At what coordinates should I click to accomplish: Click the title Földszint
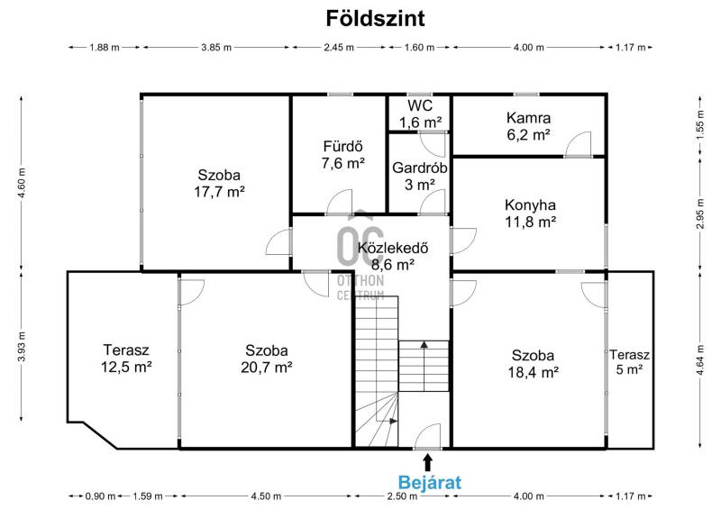coord(375,19)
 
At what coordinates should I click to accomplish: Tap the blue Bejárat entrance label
coord(430,483)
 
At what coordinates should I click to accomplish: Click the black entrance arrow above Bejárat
coord(427,462)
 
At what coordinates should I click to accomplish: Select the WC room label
coord(420,105)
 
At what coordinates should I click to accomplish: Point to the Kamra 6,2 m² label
coord(528,126)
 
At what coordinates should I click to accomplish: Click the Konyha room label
coord(530,205)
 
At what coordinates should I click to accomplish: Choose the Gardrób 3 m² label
coord(419,177)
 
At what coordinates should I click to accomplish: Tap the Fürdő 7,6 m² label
coord(343,155)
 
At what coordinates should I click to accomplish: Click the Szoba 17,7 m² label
coord(219,183)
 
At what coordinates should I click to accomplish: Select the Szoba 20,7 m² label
coord(267,359)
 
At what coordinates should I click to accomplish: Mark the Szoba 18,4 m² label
coord(533,363)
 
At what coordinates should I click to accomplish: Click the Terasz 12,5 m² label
coord(126,359)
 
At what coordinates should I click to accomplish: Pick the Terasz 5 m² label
coord(629,362)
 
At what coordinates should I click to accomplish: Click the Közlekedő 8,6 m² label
coord(393,256)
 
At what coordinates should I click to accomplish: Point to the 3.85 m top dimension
coord(216,48)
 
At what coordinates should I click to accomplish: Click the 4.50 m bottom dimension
coord(266,496)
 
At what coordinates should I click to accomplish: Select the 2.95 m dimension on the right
coord(700,214)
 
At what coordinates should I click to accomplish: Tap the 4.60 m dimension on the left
coord(21,183)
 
